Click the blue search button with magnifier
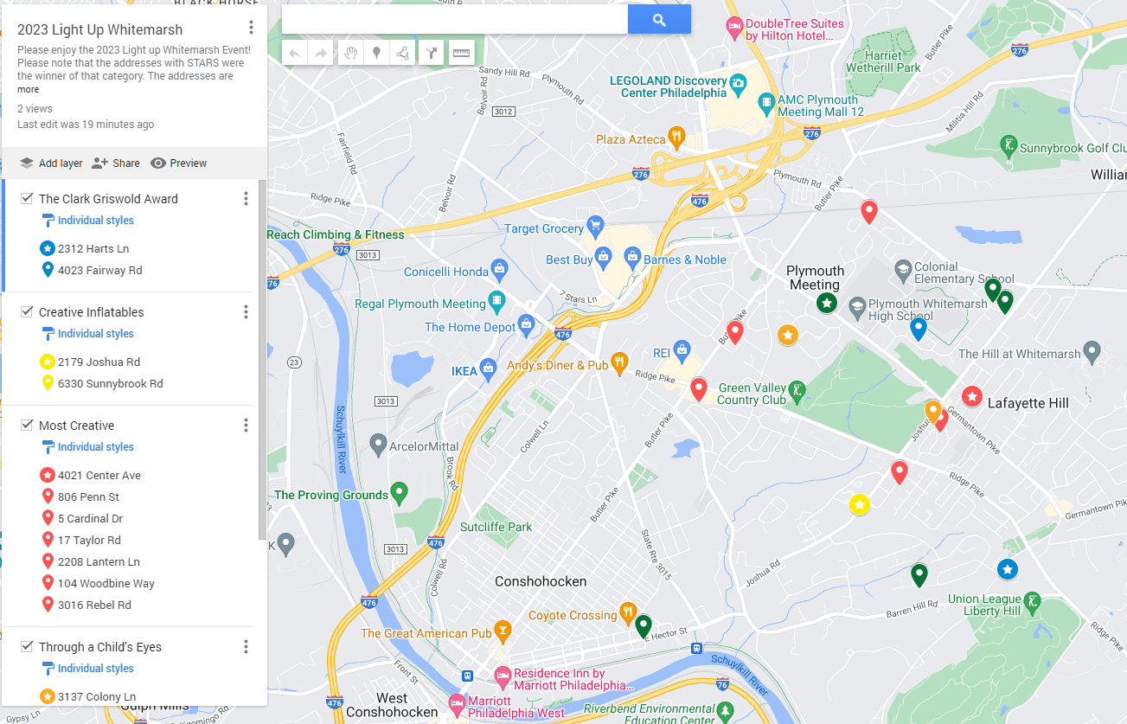pos(659,20)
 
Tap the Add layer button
pos(51,163)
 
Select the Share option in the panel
pos(116,163)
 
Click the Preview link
pos(179,163)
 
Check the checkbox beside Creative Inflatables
pos(27,311)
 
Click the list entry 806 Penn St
pos(88,497)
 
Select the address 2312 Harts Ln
pos(93,248)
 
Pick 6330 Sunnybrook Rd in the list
pos(110,383)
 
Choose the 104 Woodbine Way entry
pos(106,583)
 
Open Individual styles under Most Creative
pos(95,447)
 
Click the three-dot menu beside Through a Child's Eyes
pos(246,647)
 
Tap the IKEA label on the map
pos(464,371)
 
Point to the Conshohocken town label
pos(541,581)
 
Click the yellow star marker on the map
pos(859,504)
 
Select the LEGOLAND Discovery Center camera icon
pos(738,83)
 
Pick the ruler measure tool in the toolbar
pos(461,53)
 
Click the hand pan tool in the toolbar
pos(350,53)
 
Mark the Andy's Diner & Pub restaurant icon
pos(619,363)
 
